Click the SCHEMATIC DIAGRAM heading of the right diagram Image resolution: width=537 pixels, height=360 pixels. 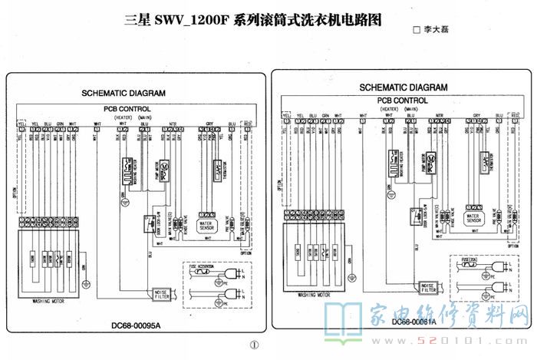pyautogui.click(x=403, y=88)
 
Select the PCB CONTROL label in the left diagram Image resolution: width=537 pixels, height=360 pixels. pyautogui.click(x=128, y=109)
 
